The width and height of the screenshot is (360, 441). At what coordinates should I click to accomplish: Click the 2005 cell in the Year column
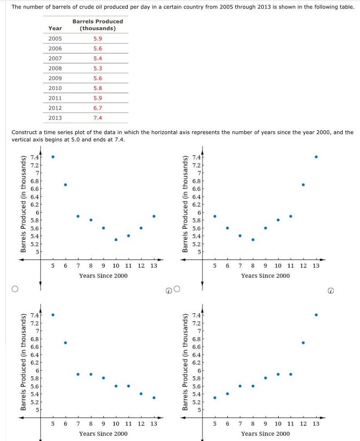point(55,38)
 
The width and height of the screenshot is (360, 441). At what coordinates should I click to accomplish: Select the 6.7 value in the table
point(98,108)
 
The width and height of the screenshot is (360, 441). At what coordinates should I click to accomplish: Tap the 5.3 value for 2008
point(98,68)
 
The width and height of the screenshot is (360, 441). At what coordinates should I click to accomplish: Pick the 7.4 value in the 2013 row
point(98,118)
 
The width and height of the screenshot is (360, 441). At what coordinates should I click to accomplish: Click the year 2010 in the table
point(55,88)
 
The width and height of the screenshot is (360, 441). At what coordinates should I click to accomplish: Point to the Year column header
point(55,28)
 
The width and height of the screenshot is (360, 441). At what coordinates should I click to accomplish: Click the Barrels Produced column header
point(98,25)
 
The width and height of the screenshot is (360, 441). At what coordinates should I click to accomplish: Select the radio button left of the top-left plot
point(15,288)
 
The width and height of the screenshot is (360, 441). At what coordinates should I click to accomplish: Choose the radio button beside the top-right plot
point(177,288)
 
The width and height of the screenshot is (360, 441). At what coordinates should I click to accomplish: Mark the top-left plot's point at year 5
point(53,157)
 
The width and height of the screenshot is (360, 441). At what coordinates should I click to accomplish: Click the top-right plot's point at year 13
point(316,157)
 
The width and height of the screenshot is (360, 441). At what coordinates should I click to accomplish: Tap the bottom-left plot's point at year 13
point(154,397)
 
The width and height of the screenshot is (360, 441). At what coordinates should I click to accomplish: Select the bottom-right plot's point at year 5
point(214,397)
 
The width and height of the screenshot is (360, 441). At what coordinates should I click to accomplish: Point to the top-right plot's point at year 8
point(253,239)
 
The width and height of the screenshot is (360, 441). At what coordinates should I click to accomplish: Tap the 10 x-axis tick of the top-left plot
point(116,265)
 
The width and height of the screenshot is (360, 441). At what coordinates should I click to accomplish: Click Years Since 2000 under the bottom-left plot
point(103,433)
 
